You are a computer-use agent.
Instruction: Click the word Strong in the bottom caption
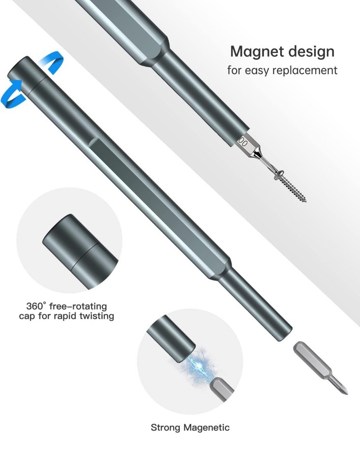pos(166,428)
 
